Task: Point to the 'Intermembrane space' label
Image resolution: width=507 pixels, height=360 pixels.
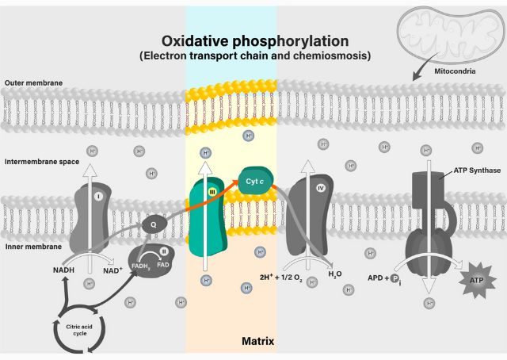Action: [41, 162]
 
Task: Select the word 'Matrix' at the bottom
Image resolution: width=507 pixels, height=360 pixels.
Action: [257, 342]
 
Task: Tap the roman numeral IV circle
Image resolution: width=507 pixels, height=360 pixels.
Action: [321, 188]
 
